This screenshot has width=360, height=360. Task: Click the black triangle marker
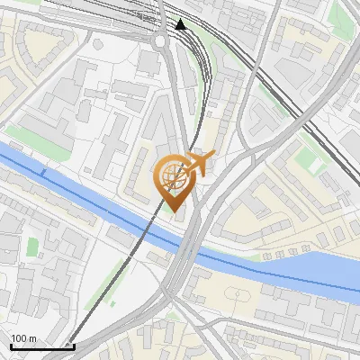(181, 24)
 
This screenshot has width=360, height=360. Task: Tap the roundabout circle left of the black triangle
(161, 40)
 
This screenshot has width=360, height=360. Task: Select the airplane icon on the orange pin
(199, 163)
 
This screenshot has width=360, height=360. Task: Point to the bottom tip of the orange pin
(172, 213)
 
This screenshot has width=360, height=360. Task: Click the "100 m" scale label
(23, 339)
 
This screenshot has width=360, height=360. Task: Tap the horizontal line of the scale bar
(41, 346)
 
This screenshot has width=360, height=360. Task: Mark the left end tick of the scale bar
(11, 344)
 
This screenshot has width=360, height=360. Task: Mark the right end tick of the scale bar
(73, 344)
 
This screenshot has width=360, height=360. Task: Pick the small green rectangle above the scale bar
(33, 246)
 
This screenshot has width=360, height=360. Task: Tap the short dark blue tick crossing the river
(42, 171)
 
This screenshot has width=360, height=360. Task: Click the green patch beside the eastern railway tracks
(310, 166)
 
